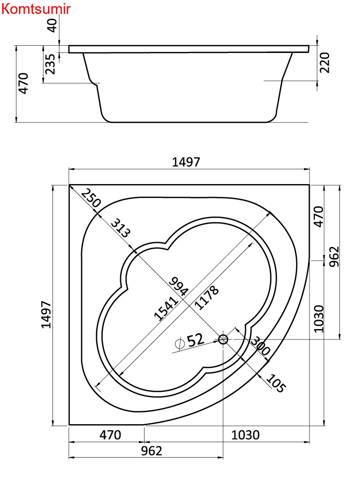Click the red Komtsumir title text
tap(36, 9)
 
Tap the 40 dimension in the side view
tap(52, 25)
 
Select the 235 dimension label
tap(50, 64)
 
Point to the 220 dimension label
tap(325, 63)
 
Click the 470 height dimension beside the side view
tap(23, 83)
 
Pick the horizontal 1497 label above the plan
tap(186, 162)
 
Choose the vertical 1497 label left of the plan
tap(46, 315)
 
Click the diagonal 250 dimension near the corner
tap(91, 198)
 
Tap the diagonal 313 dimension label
tap(120, 228)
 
